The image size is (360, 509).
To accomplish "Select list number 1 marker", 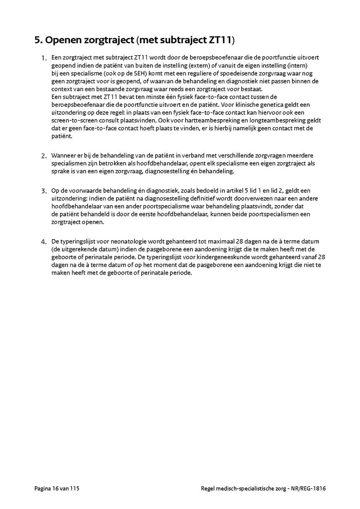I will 44,58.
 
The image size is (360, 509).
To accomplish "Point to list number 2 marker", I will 44,156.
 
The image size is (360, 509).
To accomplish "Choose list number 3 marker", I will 44,191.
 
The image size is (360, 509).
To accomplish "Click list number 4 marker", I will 44,242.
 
